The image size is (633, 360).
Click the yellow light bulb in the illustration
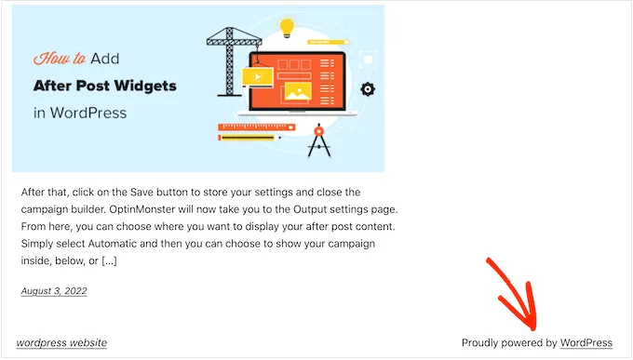pos(289,26)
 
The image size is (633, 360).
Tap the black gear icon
pos(368,89)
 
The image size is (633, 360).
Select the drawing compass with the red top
pos(320,140)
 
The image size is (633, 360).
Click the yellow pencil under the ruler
pos(249,138)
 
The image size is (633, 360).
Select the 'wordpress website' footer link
pos(61,342)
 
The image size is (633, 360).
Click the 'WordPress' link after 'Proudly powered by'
pos(586,342)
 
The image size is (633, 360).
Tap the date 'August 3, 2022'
pos(54,291)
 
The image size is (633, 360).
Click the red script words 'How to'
pos(60,58)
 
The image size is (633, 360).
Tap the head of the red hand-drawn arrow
pos(529,318)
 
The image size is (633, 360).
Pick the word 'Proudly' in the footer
pos(482,342)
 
